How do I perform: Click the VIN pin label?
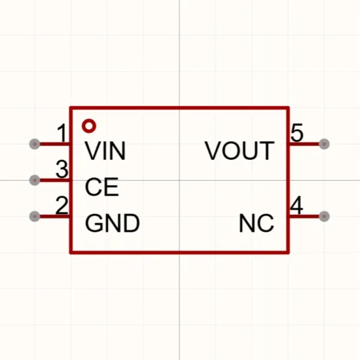pyautogui.click(x=105, y=151)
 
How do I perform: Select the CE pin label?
pyautogui.click(x=101, y=187)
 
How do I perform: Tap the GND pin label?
pyautogui.click(x=113, y=223)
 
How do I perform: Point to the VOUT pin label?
pyautogui.click(x=240, y=151)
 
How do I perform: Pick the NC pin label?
pyautogui.click(x=257, y=223)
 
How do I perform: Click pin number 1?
pyautogui.click(x=62, y=133)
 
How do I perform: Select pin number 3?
pyautogui.click(x=62, y=170)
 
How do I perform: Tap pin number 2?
pyautogui.click(x=62, y=206)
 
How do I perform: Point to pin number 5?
pyautogui.click(x=297, y=133)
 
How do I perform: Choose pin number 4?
pyautogui.click(x=297, y=206)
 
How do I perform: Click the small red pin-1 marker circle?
pyautogui.click(x=89, y=126)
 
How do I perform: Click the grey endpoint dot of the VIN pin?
pyautogui.click(x=35, y=144)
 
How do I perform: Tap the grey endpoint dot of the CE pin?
pyautogui.click(x=35, y=180)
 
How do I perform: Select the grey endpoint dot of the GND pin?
pyautogui.click(x=35, y=216)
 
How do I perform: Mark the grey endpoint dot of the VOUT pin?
pyautogui.click(x=324, y=144)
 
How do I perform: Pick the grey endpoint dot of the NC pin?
pyautogui.click(x=324, y=216)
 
